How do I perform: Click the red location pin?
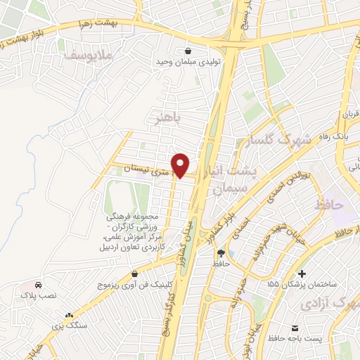(181, 165)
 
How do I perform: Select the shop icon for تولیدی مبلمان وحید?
(188, 51)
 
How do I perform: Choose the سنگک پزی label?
(70, 328)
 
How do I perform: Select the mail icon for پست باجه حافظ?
(295, 329)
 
